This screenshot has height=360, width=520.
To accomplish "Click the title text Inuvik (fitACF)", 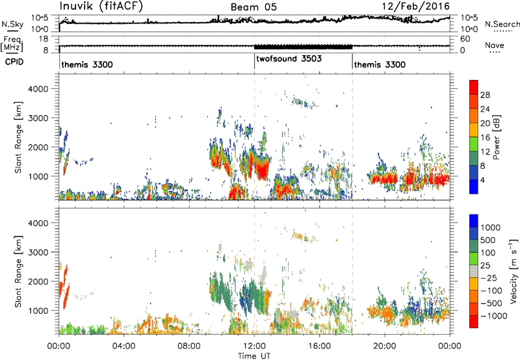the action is tap(101, 6).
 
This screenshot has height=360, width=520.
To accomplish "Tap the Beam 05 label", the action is tap(253, 7).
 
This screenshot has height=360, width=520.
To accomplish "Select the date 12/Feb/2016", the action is tap(415, 6).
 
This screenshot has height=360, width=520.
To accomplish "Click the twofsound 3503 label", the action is tap(289, 58).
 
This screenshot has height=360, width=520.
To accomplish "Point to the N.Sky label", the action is tap(12, 24).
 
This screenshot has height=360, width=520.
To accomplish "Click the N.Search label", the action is tap(502, 24).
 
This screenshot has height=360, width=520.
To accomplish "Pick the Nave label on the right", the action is tap(495, 45).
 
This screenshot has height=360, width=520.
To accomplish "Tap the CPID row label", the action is tap(14, 62).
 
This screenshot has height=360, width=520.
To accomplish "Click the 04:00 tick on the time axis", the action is tap(123, 346).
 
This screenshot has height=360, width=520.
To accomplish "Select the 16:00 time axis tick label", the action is tap(319, 346).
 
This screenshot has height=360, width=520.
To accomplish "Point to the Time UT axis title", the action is tap(254, 356).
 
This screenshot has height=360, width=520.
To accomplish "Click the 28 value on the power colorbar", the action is tap(485, 95).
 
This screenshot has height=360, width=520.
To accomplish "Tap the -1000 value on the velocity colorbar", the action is tap(494, 316).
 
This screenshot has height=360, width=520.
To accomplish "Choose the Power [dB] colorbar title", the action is tap(496, 137).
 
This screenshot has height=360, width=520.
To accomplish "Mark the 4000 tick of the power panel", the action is tap(38, 89).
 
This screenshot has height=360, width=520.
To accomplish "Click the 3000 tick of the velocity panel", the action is tap(38, 252).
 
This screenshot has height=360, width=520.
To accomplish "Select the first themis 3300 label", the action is tap(87, 64).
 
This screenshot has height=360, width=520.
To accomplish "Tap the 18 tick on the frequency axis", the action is tap(44, 39).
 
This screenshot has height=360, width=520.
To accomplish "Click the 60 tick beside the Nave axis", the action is tap(465, 39).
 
